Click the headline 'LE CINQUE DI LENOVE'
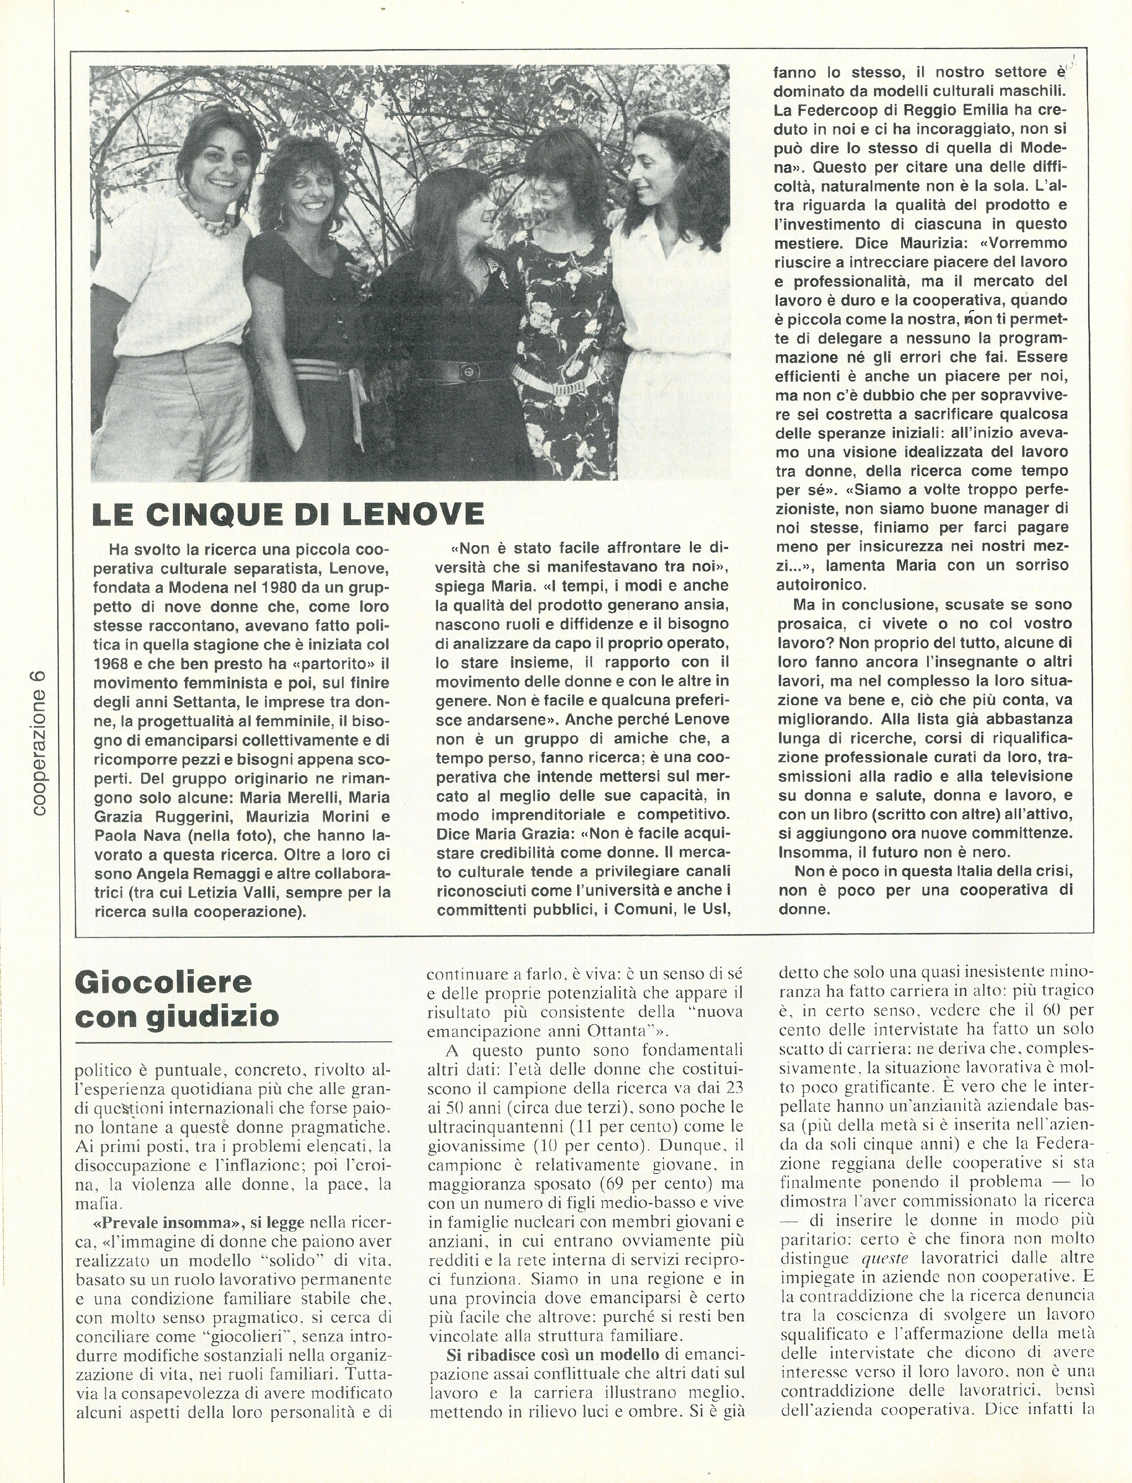tap(288, 515)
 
